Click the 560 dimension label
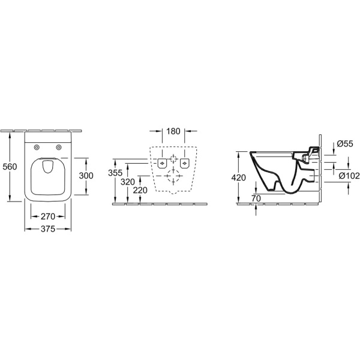point(10,166)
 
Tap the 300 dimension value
point(86,176)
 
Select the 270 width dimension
point(48,216)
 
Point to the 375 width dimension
point(48,229)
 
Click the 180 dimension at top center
point(173,131)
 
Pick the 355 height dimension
point(115,173)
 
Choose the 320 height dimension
point(128,182)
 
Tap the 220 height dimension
point(140,190)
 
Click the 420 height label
point(239,178)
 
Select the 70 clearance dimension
point(256,199)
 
